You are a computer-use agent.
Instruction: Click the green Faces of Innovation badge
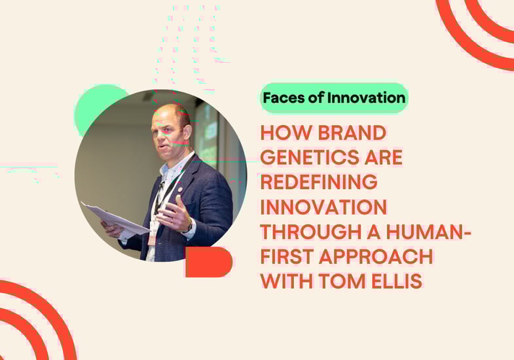click(334, 98)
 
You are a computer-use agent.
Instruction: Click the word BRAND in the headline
click(352, 133)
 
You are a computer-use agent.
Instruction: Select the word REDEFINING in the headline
click(319, 182)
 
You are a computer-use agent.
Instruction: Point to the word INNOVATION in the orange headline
click(324, 207)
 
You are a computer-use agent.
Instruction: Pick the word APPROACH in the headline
click(376, 257)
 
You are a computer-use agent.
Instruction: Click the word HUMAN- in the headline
click(429, 232)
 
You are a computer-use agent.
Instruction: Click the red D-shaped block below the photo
click(209, 262)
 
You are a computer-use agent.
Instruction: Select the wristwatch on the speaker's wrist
click(190, 225)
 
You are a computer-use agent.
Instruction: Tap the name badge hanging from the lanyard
click(152, 234)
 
